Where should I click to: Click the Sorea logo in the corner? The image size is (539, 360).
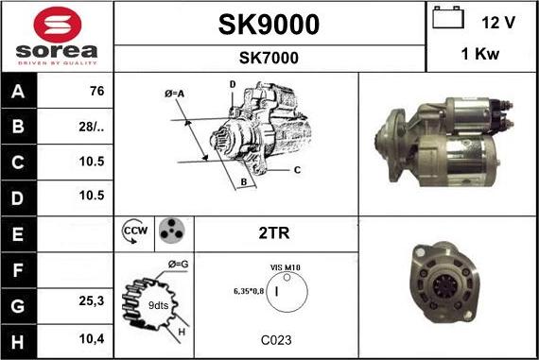pos(57,37)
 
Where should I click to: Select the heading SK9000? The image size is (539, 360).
pos(269,24)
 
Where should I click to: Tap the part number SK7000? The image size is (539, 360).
pos(269,58)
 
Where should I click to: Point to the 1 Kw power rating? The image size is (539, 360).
pos(480,55)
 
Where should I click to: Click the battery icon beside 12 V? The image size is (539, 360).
pos(446,19)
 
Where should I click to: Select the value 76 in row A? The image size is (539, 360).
pos(95,92)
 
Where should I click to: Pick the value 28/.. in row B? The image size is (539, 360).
pos(95,125)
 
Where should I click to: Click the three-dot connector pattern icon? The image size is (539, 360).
pos(170,230)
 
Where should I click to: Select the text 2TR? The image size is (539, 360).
pos(274,230)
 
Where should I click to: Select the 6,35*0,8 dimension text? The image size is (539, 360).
pos(248,291)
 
